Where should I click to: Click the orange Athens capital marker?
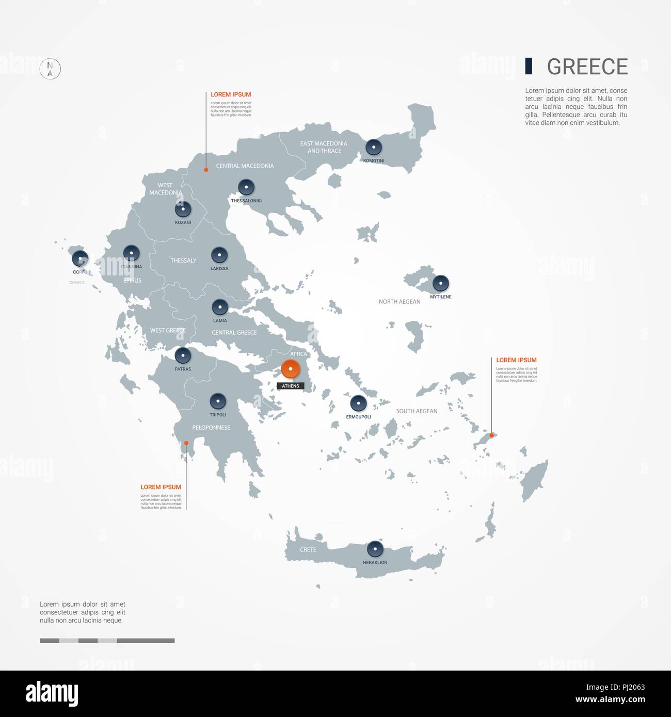[x=291, y=369]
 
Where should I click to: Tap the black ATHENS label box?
[x=291, y=386]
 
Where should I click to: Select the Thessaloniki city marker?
[x=246, y=187]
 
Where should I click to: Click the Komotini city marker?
[x=374, y=148]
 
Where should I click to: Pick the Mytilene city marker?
[x=441, y=283]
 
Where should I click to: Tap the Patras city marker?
[x=183, y=355]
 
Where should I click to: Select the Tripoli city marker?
[x=218, y=401]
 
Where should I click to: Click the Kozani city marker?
[x=183, y=209]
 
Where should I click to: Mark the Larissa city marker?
[x=219, y=255]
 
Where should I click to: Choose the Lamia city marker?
[x=220, y=307]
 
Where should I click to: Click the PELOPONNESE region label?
[x=211, y=428]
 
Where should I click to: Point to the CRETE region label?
[x=308, y=550]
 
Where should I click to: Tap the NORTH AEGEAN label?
[x=400, y=302]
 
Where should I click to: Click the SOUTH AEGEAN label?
[x=417, y=411]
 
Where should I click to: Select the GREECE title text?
[x=587, y=67]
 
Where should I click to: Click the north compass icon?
[x=50, y=69]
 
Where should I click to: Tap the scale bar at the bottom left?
[x=107, y=641]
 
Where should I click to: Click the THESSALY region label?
[x=183, y=260]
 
